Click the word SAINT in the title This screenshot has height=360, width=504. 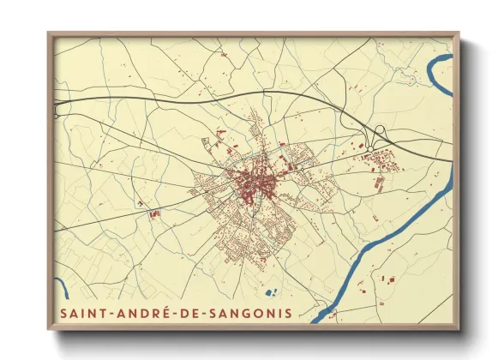[x=81, y=313]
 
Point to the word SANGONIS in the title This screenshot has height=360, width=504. [x=247, y=313]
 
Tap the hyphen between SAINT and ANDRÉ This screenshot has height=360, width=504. [x=109, y=314]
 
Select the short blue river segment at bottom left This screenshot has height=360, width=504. [x=61, y=289]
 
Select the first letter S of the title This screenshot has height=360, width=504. [x=64, y=313]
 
